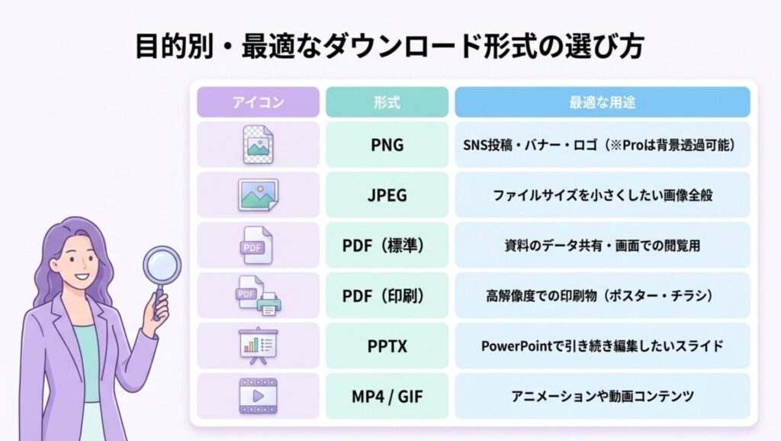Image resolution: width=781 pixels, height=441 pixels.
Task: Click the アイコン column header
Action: click(258, 102)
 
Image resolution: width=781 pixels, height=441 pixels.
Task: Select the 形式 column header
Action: click(387, 102)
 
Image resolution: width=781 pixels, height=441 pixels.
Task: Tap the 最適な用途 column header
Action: click(603, 102)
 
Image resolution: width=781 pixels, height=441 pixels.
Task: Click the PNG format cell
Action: click(387, 144)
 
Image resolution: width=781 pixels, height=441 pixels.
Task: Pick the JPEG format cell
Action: click(387, 195)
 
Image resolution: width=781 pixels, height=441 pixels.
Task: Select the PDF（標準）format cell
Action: click(387, 245)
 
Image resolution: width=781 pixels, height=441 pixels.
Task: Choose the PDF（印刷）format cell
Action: click(387, 295)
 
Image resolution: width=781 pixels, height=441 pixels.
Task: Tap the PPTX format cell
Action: click(387, 346)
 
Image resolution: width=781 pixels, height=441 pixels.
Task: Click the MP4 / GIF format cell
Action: click(387, 396)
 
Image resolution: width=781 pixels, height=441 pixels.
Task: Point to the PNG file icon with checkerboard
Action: click(258, 144)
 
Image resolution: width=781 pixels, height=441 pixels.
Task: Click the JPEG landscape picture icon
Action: click(258, 195)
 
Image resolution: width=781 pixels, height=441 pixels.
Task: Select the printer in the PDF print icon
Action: click(269, 304)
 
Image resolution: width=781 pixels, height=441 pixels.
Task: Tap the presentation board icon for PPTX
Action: click(258, 346)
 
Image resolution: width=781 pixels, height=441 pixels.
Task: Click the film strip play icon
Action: click(258, 396)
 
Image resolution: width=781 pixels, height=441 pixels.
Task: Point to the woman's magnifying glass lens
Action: click(162, 266)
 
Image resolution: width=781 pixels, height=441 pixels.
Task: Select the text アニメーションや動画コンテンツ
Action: click(603, 396)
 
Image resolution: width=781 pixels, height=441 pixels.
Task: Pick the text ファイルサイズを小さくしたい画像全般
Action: click(603, 195)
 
